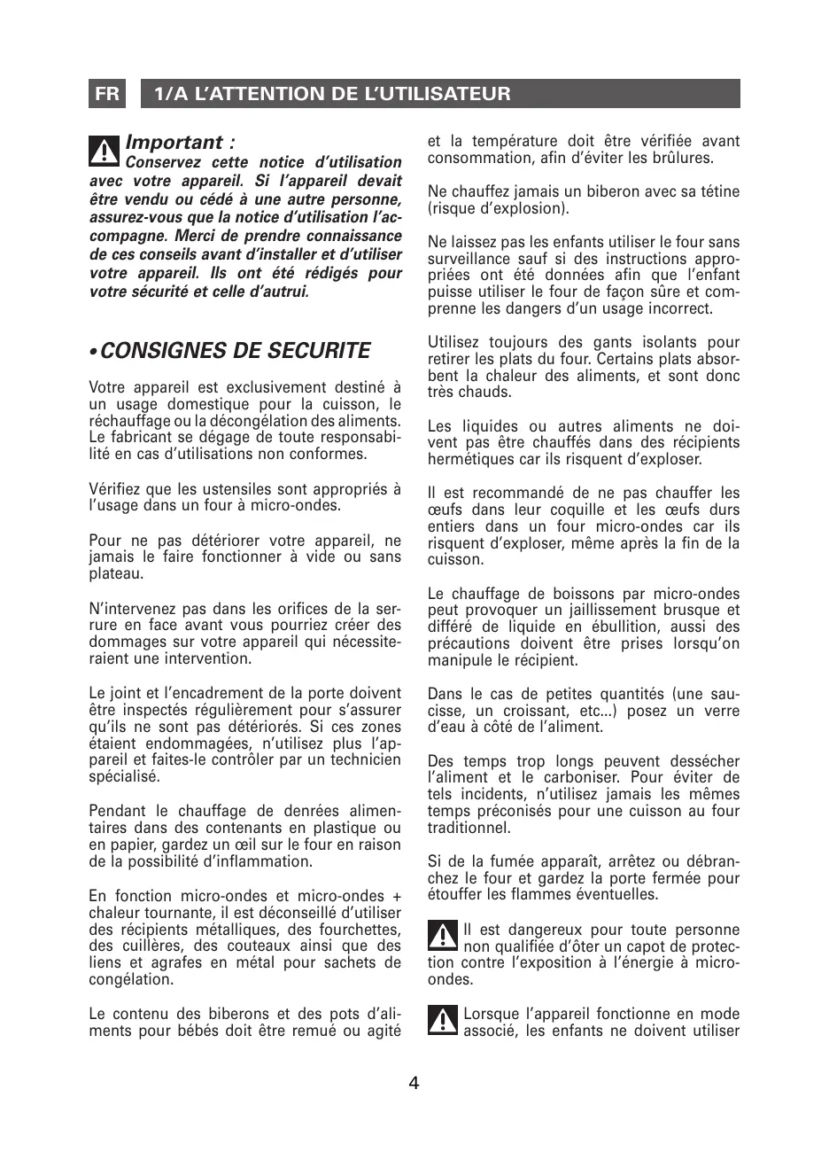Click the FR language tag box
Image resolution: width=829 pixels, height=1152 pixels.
pyautogui.click(x=107, y=94)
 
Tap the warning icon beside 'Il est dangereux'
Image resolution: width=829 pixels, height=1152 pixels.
pyautogui.click(x=442, y=937)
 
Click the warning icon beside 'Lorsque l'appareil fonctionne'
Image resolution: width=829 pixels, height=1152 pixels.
pyautogui.click(x=442, y=1021)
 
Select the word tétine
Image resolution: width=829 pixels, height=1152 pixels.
pyautogui.click(x=719, y=191)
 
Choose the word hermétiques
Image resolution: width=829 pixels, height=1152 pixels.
pyautogui.click(x=469, y=460)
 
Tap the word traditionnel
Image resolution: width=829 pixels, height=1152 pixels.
pyautogui.click(x=469, y=828)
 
